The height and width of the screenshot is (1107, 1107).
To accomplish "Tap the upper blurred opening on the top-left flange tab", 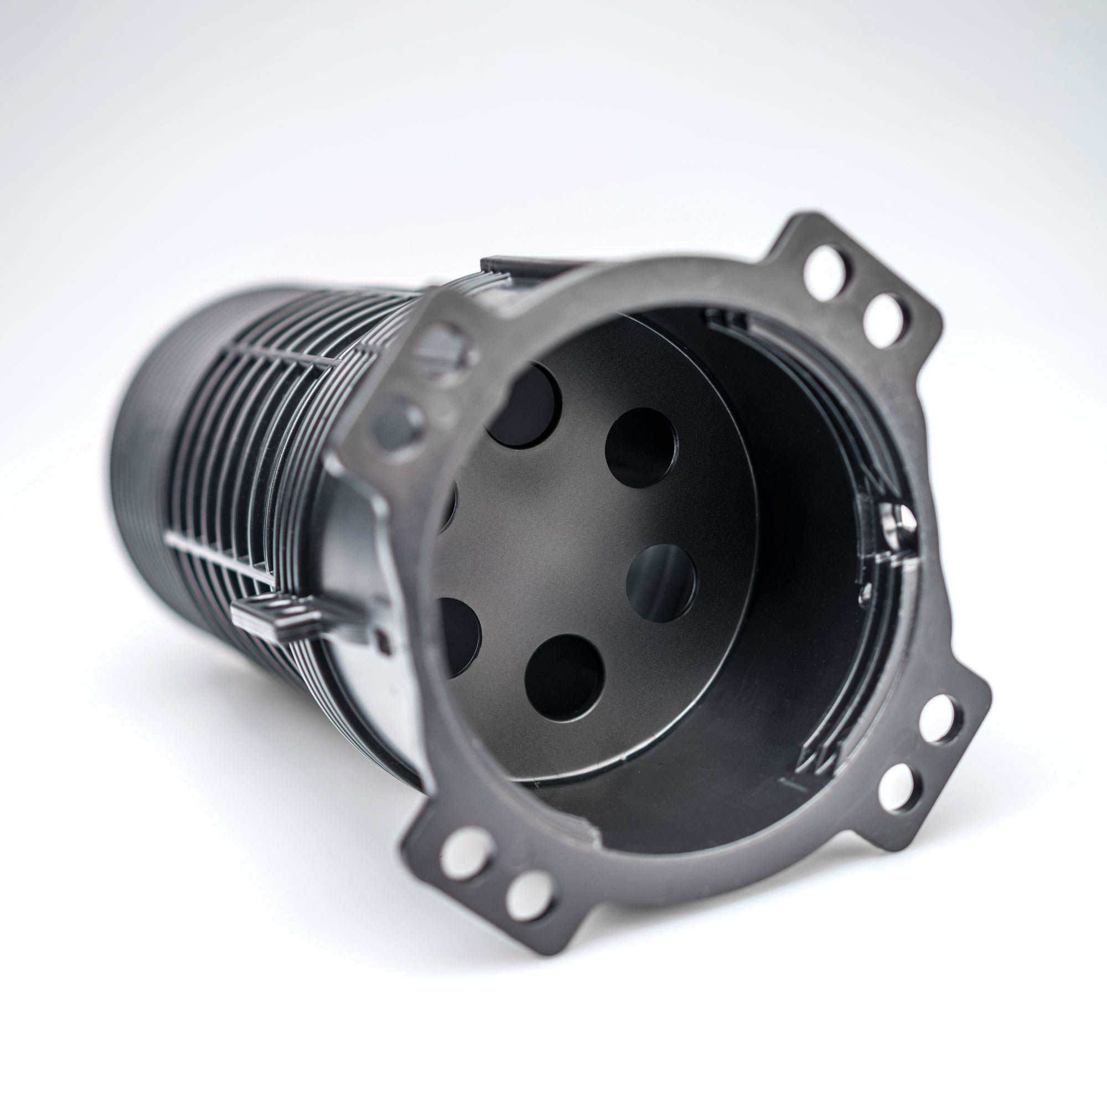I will (x=445, y=347).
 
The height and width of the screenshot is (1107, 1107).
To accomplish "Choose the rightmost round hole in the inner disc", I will (x=661, y=583).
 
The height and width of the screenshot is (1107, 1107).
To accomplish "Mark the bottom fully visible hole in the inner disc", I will (x=565, y=679).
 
